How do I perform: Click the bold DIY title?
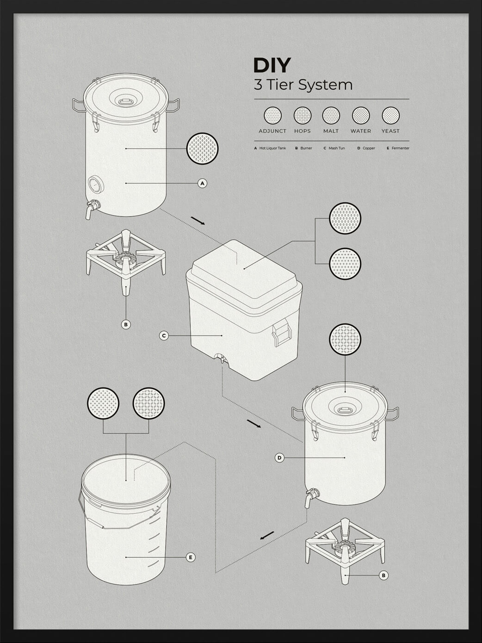click(272, 65)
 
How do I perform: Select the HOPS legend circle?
click(303, 115)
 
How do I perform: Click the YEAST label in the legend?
click(390, 131)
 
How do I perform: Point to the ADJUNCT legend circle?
click(272, 115)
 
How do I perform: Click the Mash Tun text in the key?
click(336, 148)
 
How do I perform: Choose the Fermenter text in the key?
click(400, 148)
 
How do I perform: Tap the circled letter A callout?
click(202, 184)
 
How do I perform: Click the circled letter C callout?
click(163, 336)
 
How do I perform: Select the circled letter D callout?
click(279, 458)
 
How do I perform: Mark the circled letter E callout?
click(191, 557)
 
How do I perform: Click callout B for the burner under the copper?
click(383, 575)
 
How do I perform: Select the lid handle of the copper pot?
click(345, 410)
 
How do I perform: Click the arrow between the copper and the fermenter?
click(267, 536)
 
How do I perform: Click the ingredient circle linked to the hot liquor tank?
click(202, 148)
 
